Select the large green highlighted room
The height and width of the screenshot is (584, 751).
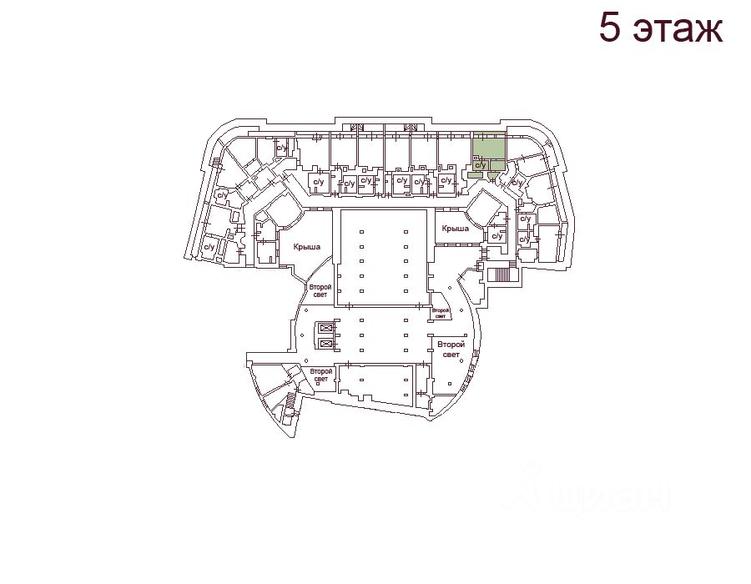(x=488, y=146)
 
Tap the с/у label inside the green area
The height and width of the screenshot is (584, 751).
(x=480, y=165)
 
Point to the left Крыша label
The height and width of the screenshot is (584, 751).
(x=307, y=247)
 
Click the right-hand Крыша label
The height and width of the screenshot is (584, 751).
(x=456, y=228)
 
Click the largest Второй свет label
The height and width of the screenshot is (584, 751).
(x=451, y=350)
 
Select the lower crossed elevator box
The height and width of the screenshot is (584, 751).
(x=325, y=343)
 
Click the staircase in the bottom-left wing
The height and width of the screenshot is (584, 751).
(x=290, y=401)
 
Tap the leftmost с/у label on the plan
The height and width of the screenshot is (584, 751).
(x=209, y=247)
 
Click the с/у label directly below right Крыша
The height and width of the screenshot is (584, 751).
(x=496, y=236)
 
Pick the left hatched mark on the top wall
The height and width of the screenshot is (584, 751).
(x=356, y=128)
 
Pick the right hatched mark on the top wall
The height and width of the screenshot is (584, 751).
(x=411, y=128)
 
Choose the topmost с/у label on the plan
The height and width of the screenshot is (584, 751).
(x=282, y=149)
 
